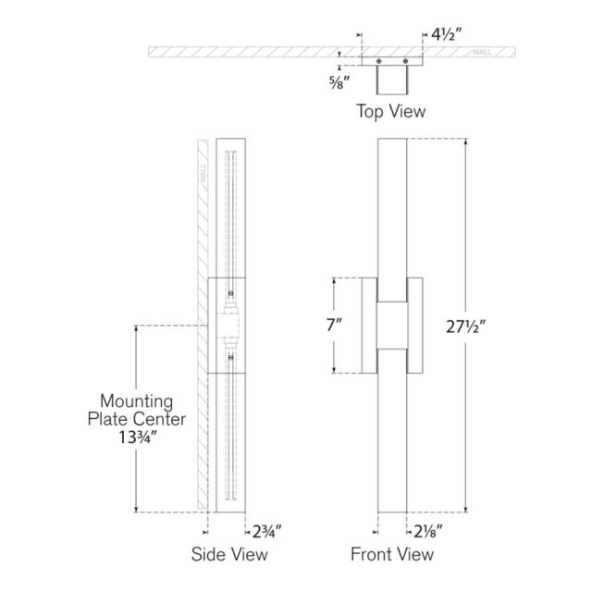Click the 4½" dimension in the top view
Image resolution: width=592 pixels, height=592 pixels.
coord(446,35)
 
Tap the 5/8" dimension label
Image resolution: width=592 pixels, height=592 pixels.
coord(339,82)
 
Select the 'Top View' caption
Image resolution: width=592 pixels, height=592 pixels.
coord(390,111)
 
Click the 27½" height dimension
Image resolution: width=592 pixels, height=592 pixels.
coord(465,327)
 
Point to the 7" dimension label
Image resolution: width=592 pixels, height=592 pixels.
coord(335,325)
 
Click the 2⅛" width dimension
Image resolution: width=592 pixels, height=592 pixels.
coord(427,532)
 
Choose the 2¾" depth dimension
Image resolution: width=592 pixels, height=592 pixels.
coord(266,532)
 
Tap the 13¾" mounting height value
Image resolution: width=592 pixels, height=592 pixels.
coord(138,438)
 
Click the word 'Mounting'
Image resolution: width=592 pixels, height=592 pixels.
coord(137,402)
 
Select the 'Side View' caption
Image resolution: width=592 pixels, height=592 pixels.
coord(229,554)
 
